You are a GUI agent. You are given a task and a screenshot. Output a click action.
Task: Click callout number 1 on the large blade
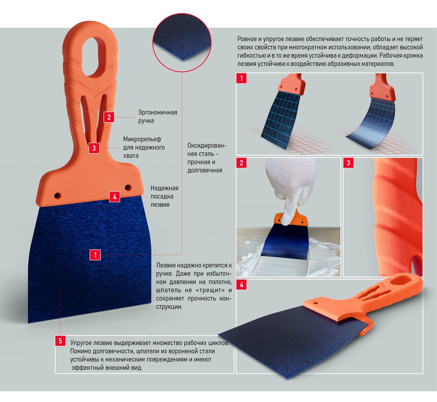pyautogui.click(x=95, y=255)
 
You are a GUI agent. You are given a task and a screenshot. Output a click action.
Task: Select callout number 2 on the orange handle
pyautogui.click(x=109, y=117)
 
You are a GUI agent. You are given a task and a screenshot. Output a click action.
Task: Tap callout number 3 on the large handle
pyautogui.click(x=94, y=148)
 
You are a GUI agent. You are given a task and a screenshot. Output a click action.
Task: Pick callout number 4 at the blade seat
pyautogui.click(x=115, y=197)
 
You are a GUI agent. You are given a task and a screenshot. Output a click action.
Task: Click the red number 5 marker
pyautogui.click(x=60, y=341)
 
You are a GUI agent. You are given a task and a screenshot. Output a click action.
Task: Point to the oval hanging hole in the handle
pyautogui.click(x=94, y=56)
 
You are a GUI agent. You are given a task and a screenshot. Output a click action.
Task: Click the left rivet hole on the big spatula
pyautogui.click(x=57, y=196)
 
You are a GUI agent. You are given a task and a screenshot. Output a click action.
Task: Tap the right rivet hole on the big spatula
pyautogui.click(x=127, y=187)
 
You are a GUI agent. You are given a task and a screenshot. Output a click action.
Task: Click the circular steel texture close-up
pyautogui.click(x=182, y=42)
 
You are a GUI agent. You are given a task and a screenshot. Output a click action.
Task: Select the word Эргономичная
pyautogui.click(x=158, y=112)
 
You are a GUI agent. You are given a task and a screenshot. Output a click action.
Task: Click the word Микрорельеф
pyautogui.click(x=142, y=139)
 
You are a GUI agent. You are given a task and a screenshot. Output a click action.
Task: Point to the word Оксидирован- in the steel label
pyautogui.click(x=207, y=145)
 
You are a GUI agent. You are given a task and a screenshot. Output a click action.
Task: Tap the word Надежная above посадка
pyautogui.click(x=164, y=188)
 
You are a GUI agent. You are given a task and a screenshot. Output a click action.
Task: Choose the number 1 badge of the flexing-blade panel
pyautogui.click(x=241, y=78)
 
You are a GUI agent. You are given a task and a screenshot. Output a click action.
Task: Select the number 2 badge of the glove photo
pyautogui.click(x=241, y=163)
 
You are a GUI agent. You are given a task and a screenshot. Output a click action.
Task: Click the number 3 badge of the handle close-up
pyautogui.click(x=348, y=163)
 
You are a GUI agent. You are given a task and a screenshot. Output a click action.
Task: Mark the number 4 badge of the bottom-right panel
pyautogui.click(x=241, y=284)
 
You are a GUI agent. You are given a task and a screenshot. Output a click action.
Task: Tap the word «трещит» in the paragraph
pyautogui.click(x=210, y=290)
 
